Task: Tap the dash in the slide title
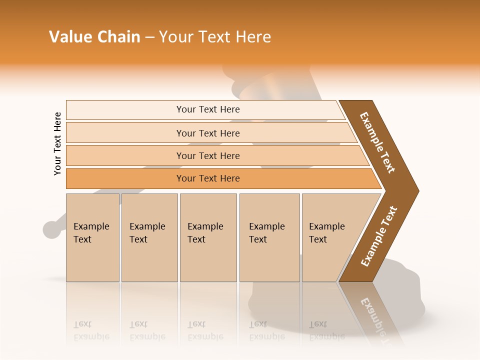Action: (149, 37)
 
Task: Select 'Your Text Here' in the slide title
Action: (215, 37)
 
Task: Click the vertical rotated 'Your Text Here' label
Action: (57, 143)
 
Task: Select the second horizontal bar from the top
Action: (207, 133)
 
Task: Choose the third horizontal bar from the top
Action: (207, 155)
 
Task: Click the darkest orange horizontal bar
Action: (207, 178)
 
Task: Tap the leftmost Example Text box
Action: (92, 237)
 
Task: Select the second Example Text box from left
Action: (149, 237)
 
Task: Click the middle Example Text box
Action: (208, 237)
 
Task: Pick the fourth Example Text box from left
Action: (269, 237)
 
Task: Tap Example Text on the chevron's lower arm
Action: (379, 236)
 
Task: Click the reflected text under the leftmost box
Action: (91, 330)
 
